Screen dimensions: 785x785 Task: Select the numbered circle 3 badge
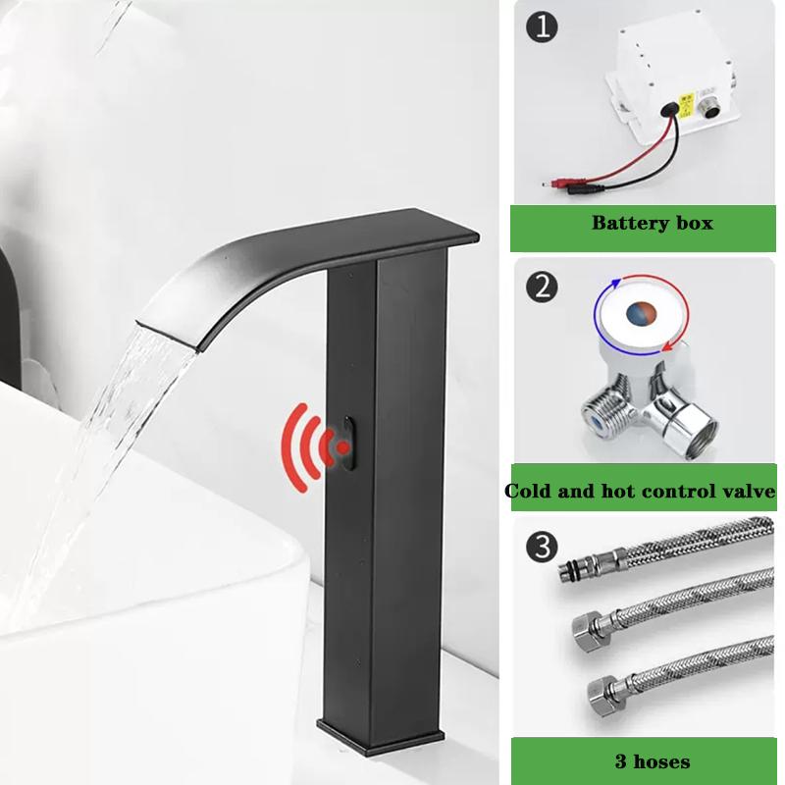click(x=543, y=547)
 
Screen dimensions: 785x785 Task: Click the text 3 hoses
click(x=653, y=761)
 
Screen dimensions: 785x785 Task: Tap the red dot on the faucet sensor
click(x=342, y=447)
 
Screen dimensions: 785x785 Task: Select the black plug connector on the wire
click(x=584, y=189)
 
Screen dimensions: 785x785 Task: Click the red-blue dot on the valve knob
click(x=641, y=312)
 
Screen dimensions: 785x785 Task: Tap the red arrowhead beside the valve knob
click(x=666, y=346)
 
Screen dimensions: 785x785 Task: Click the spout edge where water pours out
click(x=166, y=336)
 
